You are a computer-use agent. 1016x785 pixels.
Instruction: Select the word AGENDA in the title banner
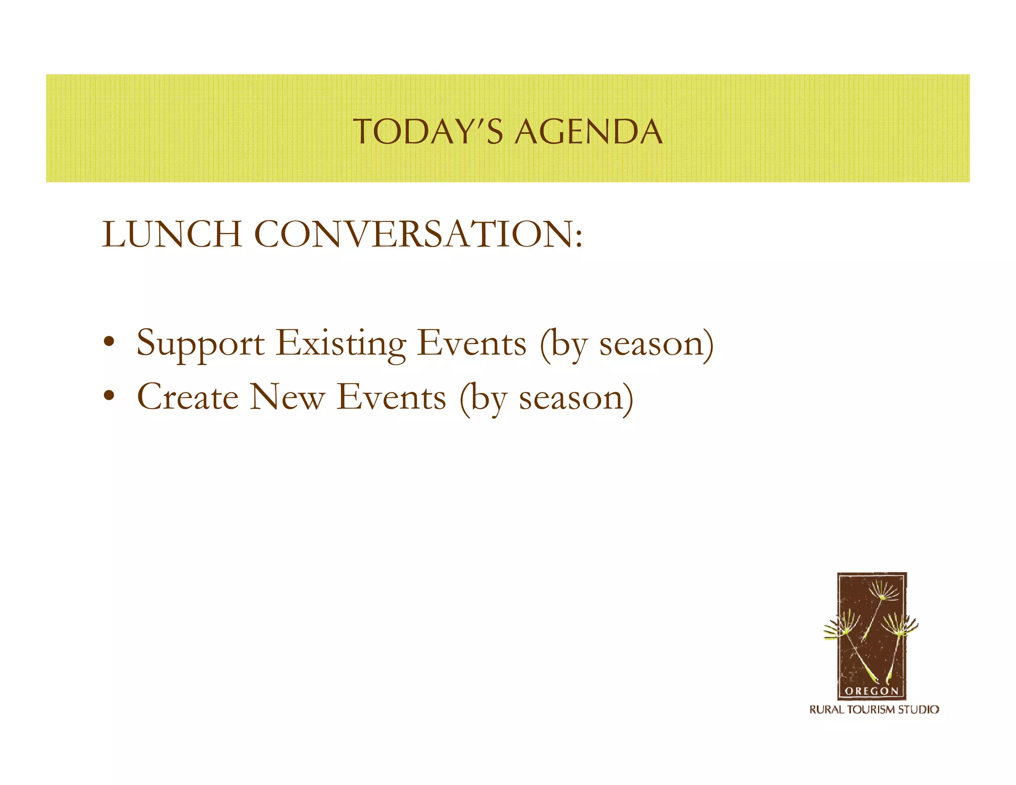pos(588,132)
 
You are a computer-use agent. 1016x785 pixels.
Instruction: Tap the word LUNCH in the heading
pos(172,234)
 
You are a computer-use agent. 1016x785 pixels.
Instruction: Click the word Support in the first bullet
pos(200,344)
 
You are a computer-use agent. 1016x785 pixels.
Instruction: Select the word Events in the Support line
pos(471,343)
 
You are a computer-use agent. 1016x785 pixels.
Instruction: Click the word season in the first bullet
pos(651,344)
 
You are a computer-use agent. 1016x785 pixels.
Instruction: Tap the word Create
pos(188,397)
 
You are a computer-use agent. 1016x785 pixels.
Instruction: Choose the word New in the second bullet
pos(287,397)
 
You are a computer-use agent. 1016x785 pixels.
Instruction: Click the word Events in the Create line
pos(391,397)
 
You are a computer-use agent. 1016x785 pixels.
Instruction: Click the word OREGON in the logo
pos(872,691)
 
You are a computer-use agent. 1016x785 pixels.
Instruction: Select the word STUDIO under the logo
pos(919,710)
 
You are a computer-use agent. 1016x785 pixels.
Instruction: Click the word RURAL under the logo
pos(827,710)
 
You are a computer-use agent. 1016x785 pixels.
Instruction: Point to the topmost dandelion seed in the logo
pos(884,592)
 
